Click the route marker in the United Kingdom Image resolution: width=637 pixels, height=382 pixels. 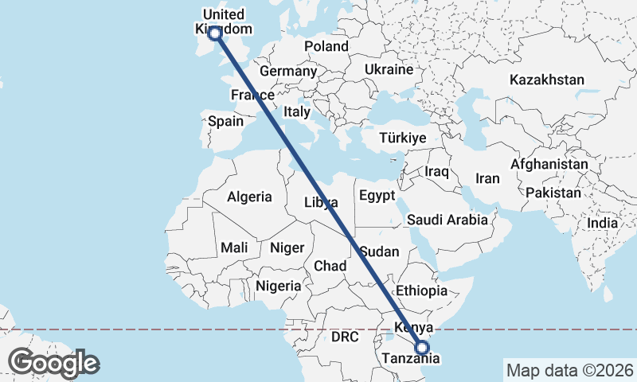click(x=214, y=33)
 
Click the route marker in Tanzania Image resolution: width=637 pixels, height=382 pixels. click(x=422, y=347)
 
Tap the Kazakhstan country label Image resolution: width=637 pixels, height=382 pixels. click(x=547, y=80)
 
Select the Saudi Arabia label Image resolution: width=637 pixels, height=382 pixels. click(x=447, y=220)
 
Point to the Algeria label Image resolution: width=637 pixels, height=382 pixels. click(x=249, y=197)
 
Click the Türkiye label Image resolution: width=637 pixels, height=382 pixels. click(x=403, y=138)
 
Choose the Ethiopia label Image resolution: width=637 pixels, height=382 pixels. click(x=421, y=290)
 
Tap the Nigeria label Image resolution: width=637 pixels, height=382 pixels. click(x=279, y=285)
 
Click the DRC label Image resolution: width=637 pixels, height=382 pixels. click(x=346, y=337)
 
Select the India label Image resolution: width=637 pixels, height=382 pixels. click(x=602, y=224)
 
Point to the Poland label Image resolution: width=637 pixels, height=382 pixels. click(x=326, y=46)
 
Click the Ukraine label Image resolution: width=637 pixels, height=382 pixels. click(x=389, y=69)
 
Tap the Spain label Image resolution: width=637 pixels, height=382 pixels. click(x=225, y=122)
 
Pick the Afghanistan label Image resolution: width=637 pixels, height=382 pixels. click(x=549, y=164)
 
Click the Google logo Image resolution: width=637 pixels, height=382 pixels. click(x=53, y=363)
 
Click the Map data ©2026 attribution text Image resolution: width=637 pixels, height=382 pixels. click(x=569, y=370)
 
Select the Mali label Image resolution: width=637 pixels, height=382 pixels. click(x=234, y=248)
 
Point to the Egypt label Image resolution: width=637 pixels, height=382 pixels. click(x=377, y=195)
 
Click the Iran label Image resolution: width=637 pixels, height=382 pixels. click(x=487, y=178)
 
